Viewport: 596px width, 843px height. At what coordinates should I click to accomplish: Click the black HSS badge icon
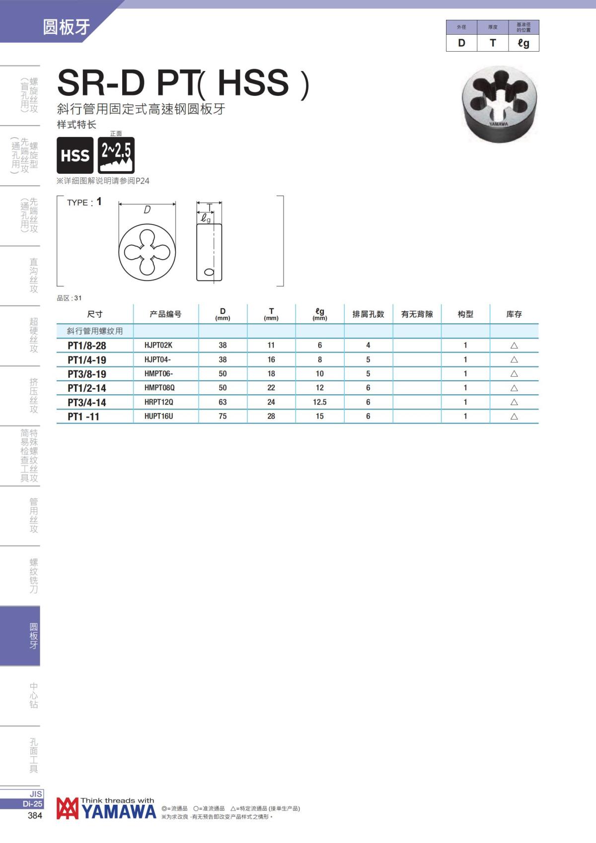coord(75,155)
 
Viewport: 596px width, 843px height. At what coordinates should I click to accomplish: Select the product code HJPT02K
coord(158,345)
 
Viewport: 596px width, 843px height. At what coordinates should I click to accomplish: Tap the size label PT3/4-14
coord(87,402)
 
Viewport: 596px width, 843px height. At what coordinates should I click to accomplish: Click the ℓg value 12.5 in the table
coord(320,402)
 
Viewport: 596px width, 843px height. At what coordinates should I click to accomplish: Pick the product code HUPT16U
coord(158,416)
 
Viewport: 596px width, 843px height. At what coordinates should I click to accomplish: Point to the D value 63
coord(223,402)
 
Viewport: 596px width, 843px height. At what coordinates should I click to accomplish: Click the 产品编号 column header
coord(166,314)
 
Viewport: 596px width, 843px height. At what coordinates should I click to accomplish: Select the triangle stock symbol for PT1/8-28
coord(514,346)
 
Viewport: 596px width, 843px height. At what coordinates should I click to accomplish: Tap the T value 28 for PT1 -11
coord(271,416)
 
